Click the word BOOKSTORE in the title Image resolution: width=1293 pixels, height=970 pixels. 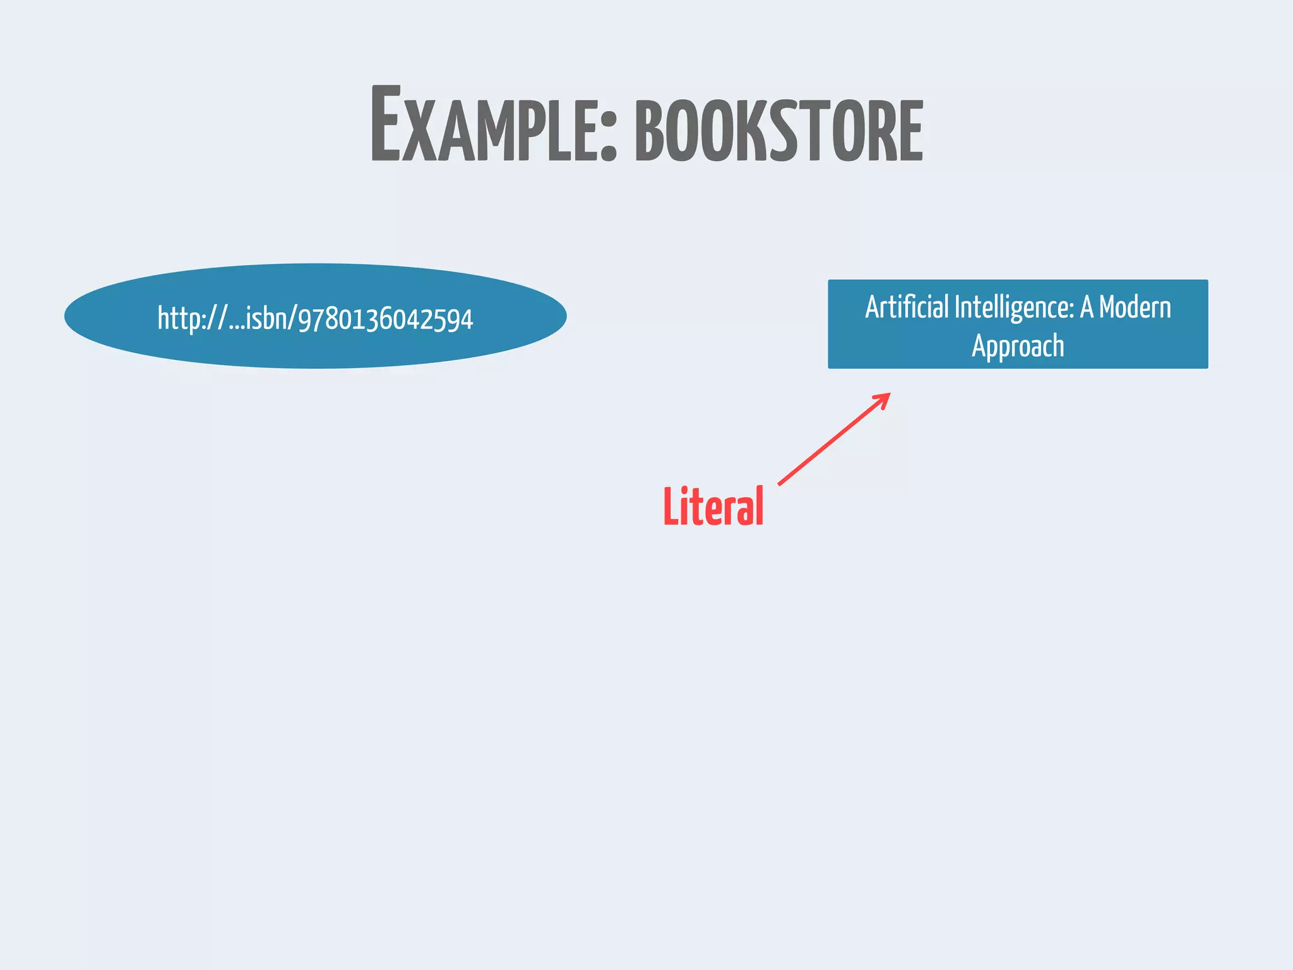click(x=778, y=131)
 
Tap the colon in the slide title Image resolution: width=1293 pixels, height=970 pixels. click(x=608, y=133)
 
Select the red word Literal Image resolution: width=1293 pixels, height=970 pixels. click(x=713, y=506)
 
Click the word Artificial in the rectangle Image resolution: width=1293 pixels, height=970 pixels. click(x=907, y=308)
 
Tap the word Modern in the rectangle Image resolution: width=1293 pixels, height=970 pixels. click(x=1135, y=308)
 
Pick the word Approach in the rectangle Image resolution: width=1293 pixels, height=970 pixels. click(x=1018, y=346)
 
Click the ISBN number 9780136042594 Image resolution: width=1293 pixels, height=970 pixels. click(x=385, y=319)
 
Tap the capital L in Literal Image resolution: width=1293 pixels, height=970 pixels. click(x=671, y=506)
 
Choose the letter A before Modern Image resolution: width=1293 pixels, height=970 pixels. click(x=1086, y=308)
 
